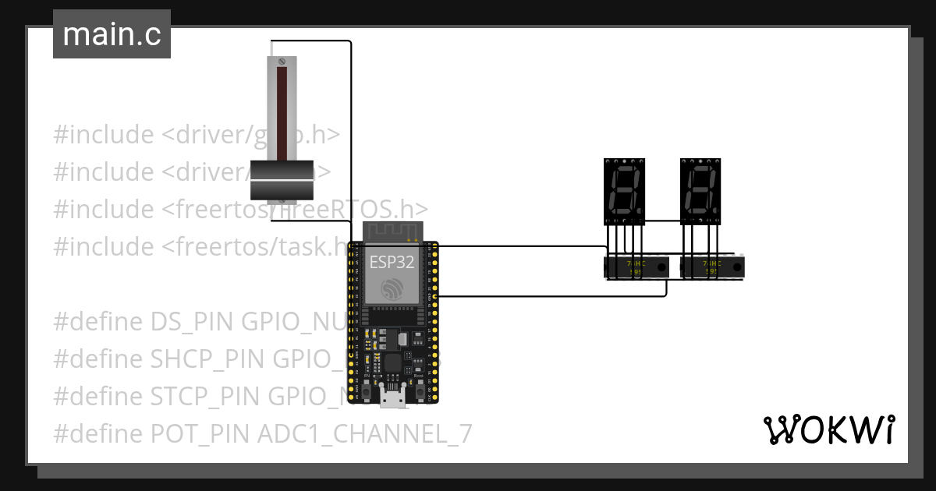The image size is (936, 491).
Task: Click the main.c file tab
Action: pos(112,35)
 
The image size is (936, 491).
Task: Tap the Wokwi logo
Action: pos(828,429)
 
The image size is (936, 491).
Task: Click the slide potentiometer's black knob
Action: pos(281,180)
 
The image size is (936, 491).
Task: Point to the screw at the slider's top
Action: pos(282,61)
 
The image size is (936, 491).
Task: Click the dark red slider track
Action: pos(281,109)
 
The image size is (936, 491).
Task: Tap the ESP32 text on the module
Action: pos(392,261)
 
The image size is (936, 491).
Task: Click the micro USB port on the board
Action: pos(392,398)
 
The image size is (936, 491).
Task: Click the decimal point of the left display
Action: pos(640,212)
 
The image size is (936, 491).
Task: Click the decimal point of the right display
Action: pos(716,212)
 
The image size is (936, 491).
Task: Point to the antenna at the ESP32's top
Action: pos(392,231)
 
